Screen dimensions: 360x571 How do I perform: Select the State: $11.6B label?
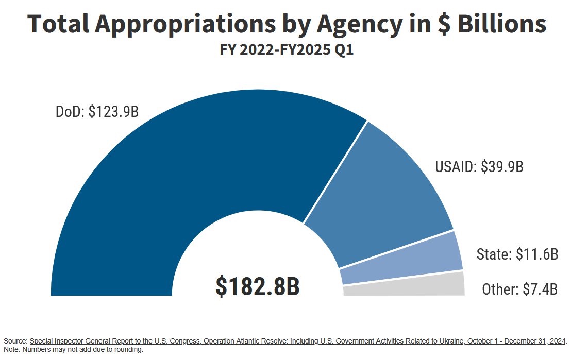(x=517, y=254)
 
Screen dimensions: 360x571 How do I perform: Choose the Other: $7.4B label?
(x=519, y=289)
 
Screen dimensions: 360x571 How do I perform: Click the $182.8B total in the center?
(x=257, y=286)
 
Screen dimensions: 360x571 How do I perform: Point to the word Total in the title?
(x=58, y=24)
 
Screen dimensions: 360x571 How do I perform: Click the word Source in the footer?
(x=15, y=341)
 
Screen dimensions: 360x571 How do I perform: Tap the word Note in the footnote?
(x=11, y=350)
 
